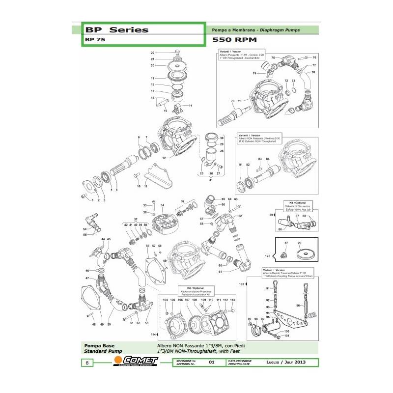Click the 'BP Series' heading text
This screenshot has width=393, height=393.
tap(116, 29)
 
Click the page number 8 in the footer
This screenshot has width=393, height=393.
tap(87, 363)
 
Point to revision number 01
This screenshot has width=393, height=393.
tap(212, 363)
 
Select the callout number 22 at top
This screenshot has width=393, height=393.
tap(153, 53)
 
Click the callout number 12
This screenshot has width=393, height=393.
tap(164, 158)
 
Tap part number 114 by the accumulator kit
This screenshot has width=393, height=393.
tap(153, 334)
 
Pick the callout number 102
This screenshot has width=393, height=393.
tap(241, 284)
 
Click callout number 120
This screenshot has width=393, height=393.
tap(268, 256)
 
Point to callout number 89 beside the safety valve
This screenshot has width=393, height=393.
tap(271, 215)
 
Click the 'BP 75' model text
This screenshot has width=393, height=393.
tap(92, 41)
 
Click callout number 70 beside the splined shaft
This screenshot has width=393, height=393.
tap(233, 101)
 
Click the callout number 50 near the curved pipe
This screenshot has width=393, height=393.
tap(109, 325)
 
